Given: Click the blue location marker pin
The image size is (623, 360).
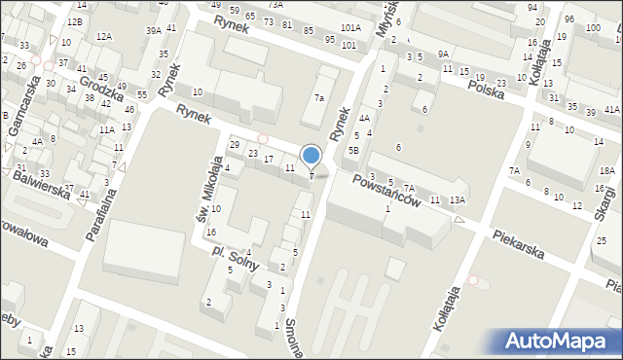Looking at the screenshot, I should [x=311, y=156].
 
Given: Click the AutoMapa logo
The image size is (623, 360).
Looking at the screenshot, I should [x=556, y=341].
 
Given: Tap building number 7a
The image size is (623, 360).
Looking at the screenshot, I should [x=318, y=98].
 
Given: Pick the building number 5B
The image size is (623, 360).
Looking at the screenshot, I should [x=354, y=151].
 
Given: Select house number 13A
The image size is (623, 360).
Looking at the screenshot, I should [x=457, y=199].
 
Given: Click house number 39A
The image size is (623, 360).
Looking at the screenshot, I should [x=154, y=31].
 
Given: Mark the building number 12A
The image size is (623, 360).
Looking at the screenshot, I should [x=103, y=36].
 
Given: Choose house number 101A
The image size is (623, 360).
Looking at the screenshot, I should [x=350, y=29].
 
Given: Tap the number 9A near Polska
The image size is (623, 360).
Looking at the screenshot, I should [x=443, y=54].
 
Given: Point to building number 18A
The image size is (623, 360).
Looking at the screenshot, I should [x=605, y=170].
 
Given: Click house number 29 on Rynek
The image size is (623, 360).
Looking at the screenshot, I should [x=234, y=145].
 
